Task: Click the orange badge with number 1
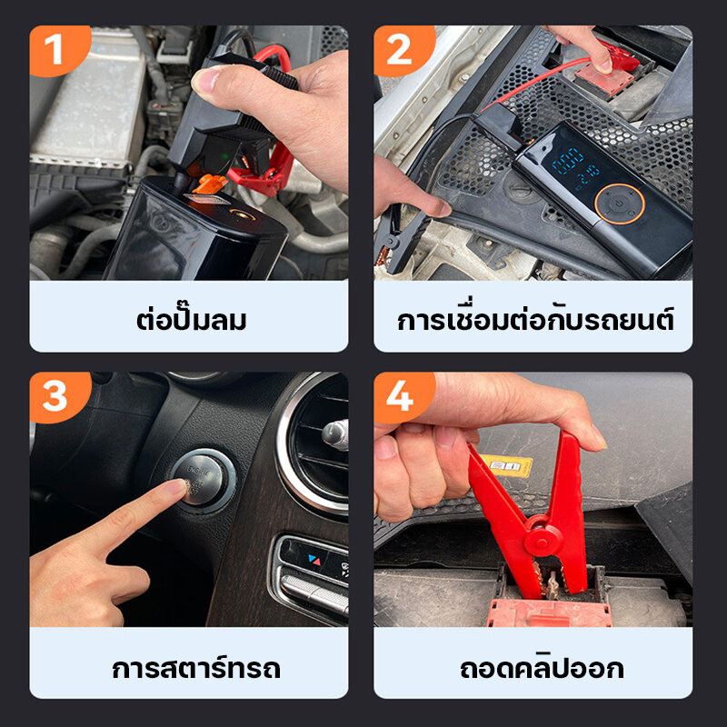click(x=59, y=50)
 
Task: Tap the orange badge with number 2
click(x=403, y=50)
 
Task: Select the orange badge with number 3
click(x=59, y=397)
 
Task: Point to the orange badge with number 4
click(x=403, y=397)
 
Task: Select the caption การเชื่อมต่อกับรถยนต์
click(x=535, y=319)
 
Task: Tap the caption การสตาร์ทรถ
click(x=196, y=667)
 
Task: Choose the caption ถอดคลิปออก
click(x=542, y=667)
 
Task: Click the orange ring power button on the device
click(x=620, y=204)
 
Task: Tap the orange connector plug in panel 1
click(x=210, y=184)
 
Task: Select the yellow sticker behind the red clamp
click(x=507, y=465)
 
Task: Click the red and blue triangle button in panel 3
click(x=314, y=560)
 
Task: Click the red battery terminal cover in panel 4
click(x=551, y=612)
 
